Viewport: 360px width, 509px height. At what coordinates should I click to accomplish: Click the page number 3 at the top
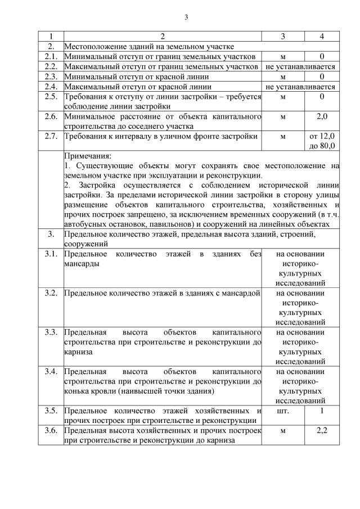[x=186, y=16]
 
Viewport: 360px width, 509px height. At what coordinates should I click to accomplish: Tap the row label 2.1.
[x=51, y=56]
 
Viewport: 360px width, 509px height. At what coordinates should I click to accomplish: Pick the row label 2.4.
[x=51, y=87]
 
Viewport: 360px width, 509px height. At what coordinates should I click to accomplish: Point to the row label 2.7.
[x=51, y=136]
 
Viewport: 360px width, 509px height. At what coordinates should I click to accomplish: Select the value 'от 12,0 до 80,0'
[x=321, y=141]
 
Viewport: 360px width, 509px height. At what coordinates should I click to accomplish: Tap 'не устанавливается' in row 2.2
[x=300, y=66]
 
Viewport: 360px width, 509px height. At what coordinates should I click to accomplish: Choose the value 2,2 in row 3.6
[x=321, y=431]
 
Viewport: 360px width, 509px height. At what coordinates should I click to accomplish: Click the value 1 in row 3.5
[x=321, y=411]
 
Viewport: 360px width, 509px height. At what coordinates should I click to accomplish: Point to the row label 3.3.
[x=51, y=332]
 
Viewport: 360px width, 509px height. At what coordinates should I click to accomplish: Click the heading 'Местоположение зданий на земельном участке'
[x=149, y=46]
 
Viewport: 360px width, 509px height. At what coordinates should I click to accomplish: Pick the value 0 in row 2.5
[x=321, y=97]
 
